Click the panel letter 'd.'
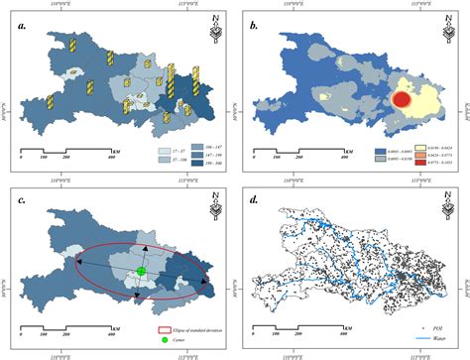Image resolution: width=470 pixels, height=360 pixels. tap(253, 201)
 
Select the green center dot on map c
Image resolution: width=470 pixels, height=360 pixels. tap(141, 243)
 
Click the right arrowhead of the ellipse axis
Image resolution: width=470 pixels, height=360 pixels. tap(205, 285)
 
